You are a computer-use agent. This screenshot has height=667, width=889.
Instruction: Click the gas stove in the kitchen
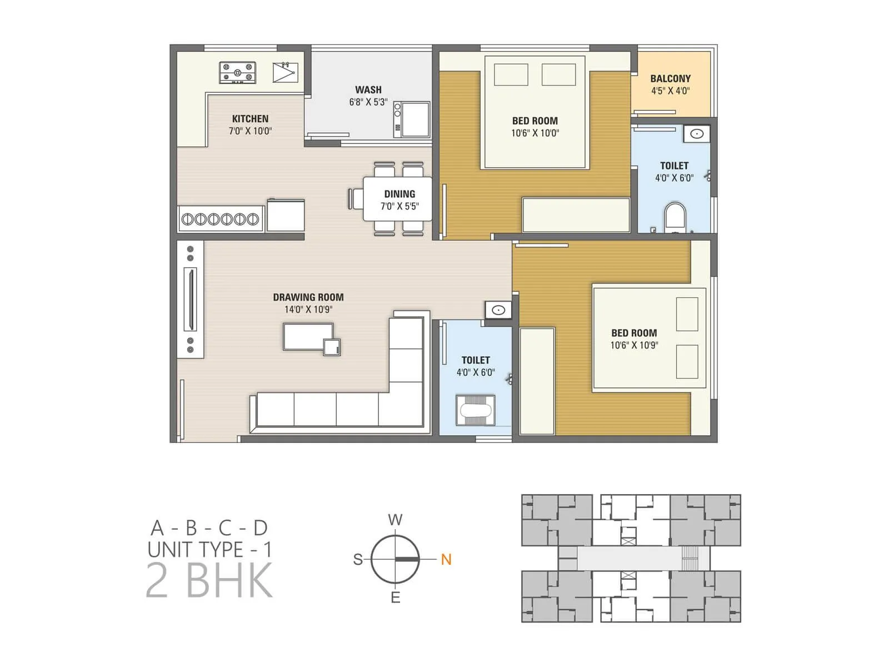point(237,73)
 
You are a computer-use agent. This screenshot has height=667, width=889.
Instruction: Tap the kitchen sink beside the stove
point(285,72)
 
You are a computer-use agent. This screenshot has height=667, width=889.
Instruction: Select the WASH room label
point(368,89)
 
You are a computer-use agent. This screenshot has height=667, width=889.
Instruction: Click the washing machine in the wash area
point(412,119)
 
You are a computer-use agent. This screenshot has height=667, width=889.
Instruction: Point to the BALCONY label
point(670,78)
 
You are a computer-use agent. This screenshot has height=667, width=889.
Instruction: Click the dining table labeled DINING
point(398,199)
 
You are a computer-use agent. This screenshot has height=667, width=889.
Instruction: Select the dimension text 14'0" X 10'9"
point(308,310)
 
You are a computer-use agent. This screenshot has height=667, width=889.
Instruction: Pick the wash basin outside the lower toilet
point(498,310)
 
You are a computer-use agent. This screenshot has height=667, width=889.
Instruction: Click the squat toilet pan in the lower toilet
point(476,411)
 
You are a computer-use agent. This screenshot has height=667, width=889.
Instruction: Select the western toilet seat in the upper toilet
point(675,217)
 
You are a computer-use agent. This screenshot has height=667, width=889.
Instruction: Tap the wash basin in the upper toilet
point(697,134)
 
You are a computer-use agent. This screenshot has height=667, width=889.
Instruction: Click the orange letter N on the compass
point(446,559)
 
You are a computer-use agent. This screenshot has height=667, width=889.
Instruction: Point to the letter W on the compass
point(395,520)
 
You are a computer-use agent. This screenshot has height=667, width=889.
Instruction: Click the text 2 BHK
point(209,580)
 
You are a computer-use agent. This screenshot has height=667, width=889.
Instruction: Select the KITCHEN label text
point(250,118)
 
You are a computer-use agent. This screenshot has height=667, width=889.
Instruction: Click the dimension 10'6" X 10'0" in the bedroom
point(535,133)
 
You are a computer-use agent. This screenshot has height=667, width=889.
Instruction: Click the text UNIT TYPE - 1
point(209,550)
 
